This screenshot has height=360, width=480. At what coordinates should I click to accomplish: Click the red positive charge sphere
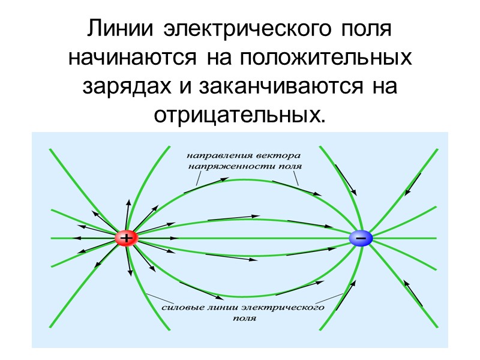click(x=127, y=238)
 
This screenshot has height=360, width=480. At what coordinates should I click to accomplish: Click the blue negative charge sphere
click(x=361, y=238)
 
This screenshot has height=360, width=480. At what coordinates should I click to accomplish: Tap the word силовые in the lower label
click(x=183, y=307)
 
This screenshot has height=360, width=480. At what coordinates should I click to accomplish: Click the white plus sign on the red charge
click(x=127, y=238)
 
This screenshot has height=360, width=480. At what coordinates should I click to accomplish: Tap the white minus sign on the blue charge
click(x=361, y=238)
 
